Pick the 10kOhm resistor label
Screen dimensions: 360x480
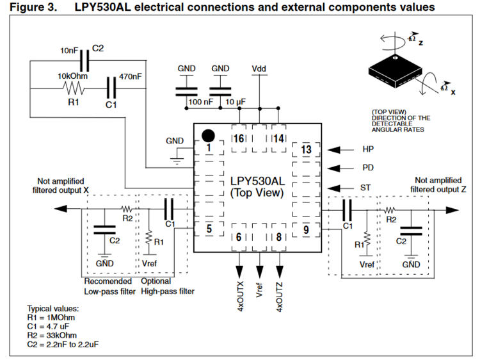click(x=72, y=76)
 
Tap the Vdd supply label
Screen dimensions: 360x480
click(x=259, y=69)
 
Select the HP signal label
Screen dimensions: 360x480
click(x=368, y=149)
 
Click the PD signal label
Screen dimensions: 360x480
click(x=367, y=168)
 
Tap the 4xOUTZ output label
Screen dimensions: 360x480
click(x=279, y=295)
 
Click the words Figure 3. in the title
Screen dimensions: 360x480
click(x=33, y=7)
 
